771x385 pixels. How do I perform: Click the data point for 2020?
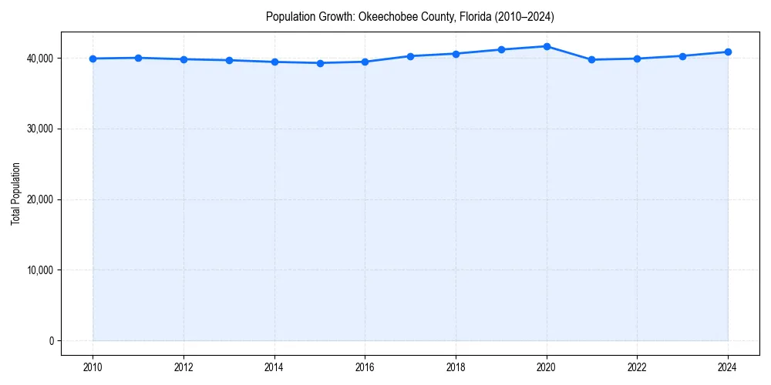pyautogui.click(x=547, y=46)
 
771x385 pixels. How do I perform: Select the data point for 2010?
pyautogui.click(x=93, y=59)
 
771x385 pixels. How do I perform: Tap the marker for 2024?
pyautogui.click(x=728, y=52)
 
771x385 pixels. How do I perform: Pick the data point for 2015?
pyautogui.click(x=320, y=63)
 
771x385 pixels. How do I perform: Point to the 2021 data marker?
pyautogui.click(x=591, y=59)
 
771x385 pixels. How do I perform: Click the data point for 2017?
pyautogui.click(x=410, y=56)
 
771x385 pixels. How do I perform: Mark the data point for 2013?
pyautogui.click(x=229, y=60)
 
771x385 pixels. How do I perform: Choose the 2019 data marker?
pyautogui.click(x=501, y=49)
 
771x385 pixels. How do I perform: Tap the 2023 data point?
pyautogui.click(x=682, y=55)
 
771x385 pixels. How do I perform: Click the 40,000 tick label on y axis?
pyautogui.click(x=38, y=59)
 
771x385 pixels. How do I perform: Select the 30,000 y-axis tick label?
pyautogui.click(x=38, y=129)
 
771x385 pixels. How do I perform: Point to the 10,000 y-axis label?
pyautogui.click(x=38, y=270)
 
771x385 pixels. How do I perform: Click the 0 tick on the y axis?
pyautogui.click(x=50, y=341)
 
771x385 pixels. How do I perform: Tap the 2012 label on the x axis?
pyautogui.click(x=183, y=368)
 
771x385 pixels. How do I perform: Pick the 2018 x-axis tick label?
pyautogui.click(x=456, y=368)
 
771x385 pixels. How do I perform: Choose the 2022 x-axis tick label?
pyautogui.click(x=637, y=368)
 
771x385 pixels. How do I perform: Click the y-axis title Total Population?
pyautogui.click(x=15, y=193)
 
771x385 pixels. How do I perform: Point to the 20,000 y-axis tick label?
pyautogui.click(x=38, y=199)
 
